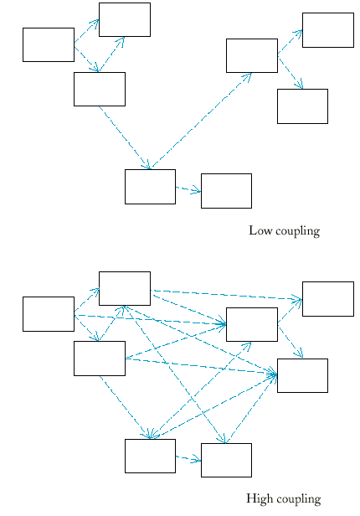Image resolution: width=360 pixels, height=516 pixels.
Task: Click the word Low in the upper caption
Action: point(260,230)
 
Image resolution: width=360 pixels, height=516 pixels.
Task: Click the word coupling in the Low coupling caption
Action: point(298,232)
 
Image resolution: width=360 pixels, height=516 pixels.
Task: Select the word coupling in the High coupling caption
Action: point(299,500)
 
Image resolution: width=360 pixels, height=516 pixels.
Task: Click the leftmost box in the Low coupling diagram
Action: point(49,44)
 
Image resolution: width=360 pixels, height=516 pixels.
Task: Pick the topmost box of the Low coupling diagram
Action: point(125,20)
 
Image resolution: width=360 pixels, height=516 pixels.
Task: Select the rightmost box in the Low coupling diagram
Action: point(328,30)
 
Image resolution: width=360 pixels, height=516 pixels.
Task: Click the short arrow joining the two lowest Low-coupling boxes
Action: point(188,189)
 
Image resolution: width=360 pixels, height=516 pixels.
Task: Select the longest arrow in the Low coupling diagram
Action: point(201,121)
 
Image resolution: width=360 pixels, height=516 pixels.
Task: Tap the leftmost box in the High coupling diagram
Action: point(49,314)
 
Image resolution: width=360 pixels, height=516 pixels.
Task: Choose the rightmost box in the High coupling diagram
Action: point(328,299)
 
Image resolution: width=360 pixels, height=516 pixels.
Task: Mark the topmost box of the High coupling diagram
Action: point(125,289)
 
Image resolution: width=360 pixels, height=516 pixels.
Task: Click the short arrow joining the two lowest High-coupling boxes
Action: point(188,458)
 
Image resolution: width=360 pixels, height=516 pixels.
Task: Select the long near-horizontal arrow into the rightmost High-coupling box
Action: point(226,295)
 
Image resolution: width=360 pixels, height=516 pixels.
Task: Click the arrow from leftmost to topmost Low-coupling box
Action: point(86,31)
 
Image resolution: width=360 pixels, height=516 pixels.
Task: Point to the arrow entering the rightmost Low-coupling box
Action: point(290,42)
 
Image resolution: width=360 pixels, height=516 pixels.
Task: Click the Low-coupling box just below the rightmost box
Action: point(302,106)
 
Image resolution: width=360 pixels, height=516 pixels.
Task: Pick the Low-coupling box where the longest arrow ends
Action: point(252,55)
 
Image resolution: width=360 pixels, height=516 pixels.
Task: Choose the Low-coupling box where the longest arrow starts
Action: point(150,187)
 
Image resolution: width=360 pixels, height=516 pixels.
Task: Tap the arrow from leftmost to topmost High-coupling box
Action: point(86,300)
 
